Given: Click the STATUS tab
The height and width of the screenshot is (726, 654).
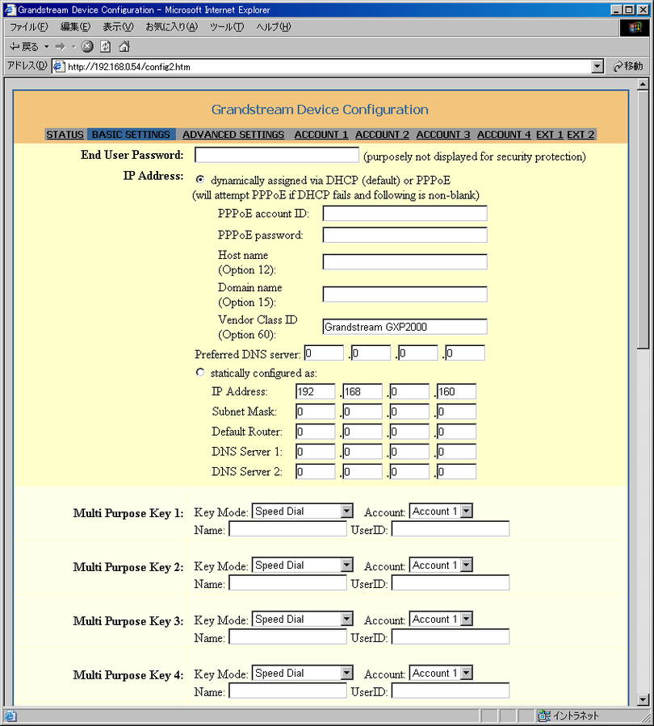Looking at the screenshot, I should pos(65,135).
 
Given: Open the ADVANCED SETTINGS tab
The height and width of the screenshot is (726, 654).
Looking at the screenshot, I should pos(233,135).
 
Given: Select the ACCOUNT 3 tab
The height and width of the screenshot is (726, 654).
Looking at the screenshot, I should pos(443,135).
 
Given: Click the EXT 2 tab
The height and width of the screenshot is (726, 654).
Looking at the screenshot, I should pos(581,135).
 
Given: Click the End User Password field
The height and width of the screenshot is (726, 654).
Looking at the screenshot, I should pos(277,155).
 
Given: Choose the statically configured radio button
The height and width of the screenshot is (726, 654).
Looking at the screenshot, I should pos(200,373).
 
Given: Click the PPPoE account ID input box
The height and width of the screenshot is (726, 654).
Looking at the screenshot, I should pos(405,213).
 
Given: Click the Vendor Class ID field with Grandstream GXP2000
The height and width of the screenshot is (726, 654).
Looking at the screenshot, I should pos(405,327).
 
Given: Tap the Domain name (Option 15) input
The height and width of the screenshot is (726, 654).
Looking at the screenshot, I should pos(405,294).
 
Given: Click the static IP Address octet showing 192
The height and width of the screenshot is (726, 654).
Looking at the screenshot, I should pos(315,391).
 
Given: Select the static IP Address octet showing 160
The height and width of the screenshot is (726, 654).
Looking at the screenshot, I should pos(456,391).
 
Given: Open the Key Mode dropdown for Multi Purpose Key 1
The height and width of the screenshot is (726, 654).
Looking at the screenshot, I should pos(303,511).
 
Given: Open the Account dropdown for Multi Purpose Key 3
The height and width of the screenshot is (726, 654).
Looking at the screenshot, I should pos(441,620).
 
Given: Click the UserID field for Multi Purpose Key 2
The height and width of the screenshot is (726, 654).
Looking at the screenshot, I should pos(451,582).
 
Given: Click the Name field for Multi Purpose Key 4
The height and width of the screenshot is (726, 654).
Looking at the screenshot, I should pos(287,691).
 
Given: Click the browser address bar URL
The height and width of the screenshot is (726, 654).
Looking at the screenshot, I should pos(323,66).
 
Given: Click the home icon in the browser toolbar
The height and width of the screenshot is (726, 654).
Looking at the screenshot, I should pos(124,46).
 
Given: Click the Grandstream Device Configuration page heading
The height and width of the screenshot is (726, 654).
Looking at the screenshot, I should pos(320,110).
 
